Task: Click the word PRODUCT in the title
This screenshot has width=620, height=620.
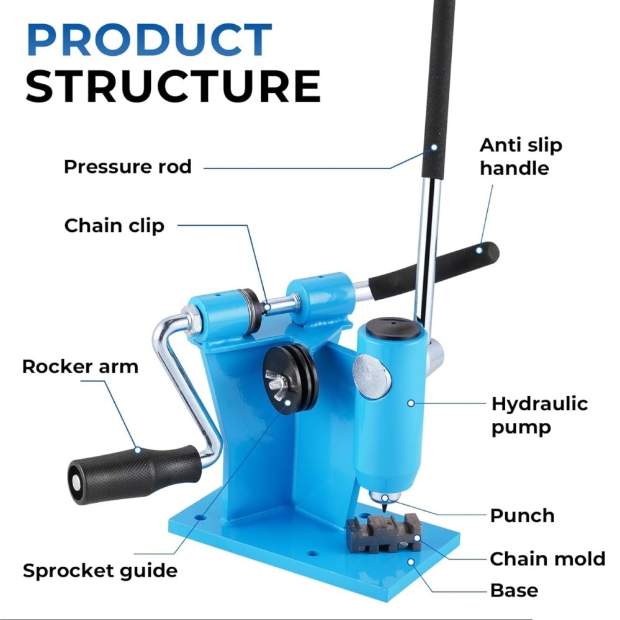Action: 149,39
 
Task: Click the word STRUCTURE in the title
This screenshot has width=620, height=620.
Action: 173,86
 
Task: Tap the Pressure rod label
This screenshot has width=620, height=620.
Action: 127,166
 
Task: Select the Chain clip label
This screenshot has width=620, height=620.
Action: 114,226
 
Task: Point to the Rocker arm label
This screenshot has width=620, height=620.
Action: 81,366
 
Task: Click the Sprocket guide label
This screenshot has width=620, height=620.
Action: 100,571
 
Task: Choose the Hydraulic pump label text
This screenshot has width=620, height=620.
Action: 539,415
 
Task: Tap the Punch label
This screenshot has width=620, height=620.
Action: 522,516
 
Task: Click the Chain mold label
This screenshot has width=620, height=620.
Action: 547,559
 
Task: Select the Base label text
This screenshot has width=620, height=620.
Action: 514,591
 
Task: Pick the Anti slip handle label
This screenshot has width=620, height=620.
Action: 521,157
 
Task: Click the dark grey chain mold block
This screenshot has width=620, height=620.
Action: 384,533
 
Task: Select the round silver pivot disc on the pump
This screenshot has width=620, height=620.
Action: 371,377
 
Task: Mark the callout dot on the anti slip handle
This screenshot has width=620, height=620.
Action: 479,250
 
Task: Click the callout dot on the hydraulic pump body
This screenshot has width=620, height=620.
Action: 411,403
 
